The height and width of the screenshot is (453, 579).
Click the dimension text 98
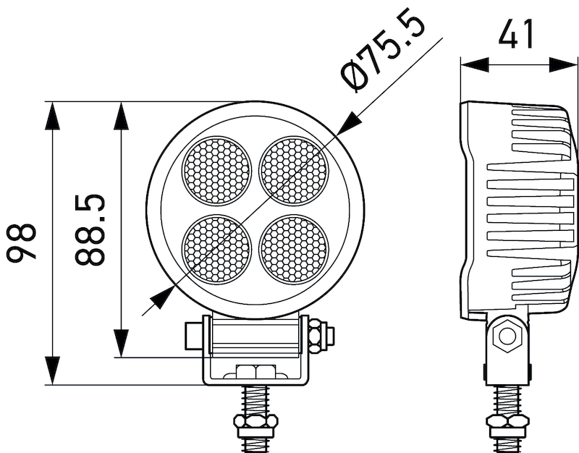(x=22, y=243)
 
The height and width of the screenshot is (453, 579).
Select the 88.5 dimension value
(x=90, y=229)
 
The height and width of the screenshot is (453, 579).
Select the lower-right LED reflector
(x=294, y=248)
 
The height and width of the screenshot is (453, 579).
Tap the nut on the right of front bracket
(x=318, y=336)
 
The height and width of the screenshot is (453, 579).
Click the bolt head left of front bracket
(x=193, y=336)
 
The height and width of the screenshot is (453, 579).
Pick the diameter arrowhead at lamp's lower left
(x=161, y=297)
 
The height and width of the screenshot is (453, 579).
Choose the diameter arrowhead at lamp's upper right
(x=348, y=122)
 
